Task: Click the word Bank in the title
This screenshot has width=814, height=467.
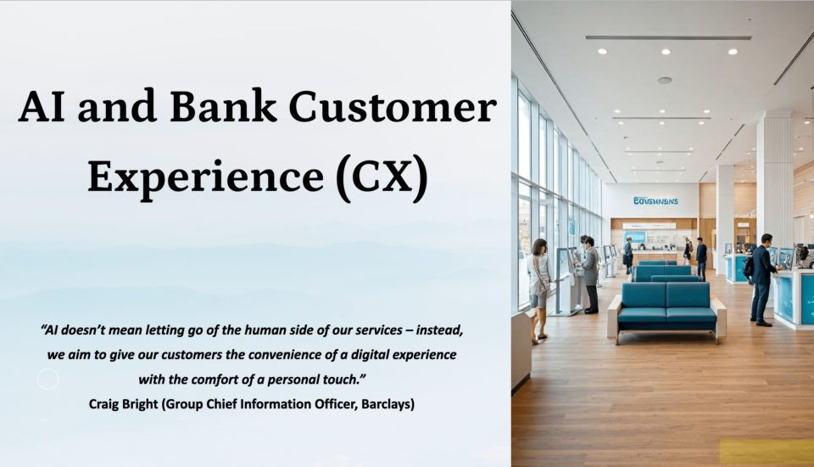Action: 223,107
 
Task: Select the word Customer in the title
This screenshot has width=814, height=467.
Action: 393,107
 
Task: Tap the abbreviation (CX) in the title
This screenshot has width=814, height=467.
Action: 382,177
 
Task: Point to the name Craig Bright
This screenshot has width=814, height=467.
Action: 123,404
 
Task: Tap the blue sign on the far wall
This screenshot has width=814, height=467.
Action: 655,200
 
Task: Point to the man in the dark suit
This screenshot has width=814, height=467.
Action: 762,280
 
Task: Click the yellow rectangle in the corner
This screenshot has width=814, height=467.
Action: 767,453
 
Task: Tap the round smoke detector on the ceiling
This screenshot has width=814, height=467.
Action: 665,80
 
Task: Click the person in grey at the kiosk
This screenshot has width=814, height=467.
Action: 590,274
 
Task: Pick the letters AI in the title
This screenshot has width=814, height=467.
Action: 42,107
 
